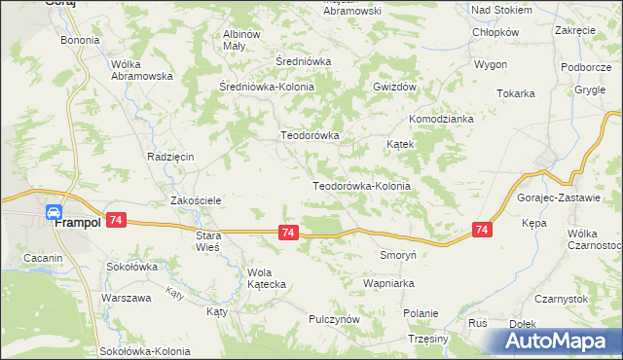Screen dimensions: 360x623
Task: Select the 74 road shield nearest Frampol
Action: (x=116, y=221)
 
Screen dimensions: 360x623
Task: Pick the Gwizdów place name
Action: (x=394, y=86)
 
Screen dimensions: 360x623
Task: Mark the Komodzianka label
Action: (x=441, y=119)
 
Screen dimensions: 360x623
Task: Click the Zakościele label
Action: (x=198, y=200)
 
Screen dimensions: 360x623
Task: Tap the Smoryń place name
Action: (x=397, y=255)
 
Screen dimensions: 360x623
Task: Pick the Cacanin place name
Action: (x=44, y=258)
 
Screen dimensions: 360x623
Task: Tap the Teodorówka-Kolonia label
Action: (x=361, y=185)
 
